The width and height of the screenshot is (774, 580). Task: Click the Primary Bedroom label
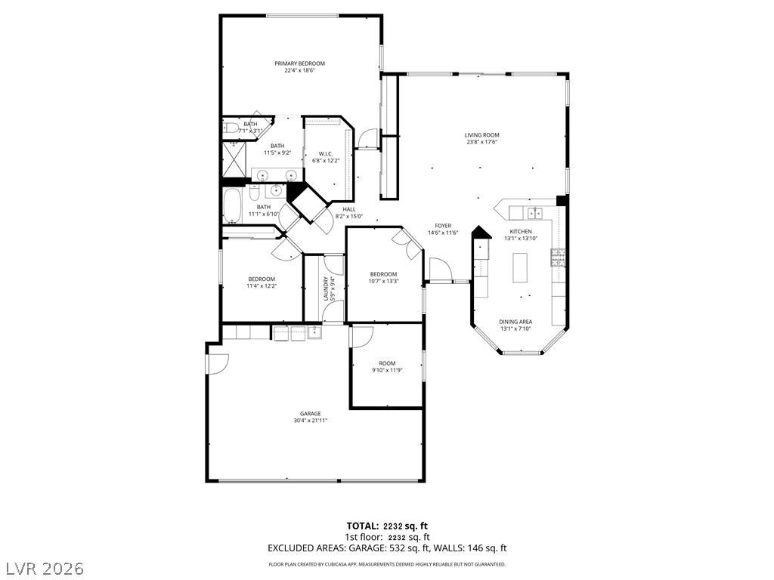pyautogui.click(x=299, y=63)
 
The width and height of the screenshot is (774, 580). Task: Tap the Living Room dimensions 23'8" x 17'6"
pyautogui.click(x=481, y=142)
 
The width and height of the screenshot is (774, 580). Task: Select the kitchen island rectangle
pyautogui.click(x=520, y=267)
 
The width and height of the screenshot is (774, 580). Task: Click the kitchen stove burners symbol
pyautogui.click(x=558, y=258)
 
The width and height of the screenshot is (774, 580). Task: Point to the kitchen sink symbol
pyautogui.click(x=534, y=212)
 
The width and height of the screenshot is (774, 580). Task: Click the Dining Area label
pyautogui.click(x=515, y=322)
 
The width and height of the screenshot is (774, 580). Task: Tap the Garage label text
pyautogui.click(x=311, y=414)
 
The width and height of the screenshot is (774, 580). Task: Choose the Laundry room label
pyautogui.click(x=326, y=288)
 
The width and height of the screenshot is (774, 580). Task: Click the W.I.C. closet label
pyautogui.click(x=325, y=154)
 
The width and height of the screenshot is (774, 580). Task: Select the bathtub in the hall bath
pyautogui.click(x=231, y=206)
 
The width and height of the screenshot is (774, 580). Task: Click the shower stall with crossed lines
pyautogui.click(x=234, y=159)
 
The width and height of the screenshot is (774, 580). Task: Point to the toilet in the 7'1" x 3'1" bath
pyautogui.click(x=231, y=128)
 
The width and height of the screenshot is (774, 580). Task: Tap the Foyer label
pyautogui.click(x=443, y=226)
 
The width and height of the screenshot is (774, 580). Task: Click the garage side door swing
pyautogui.click(x=218, y=364)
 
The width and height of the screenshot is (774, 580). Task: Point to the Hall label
pyautogui.click(x=349, y=210)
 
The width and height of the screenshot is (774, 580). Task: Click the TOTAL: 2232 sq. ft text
pyautogui.click(x=387, y=526)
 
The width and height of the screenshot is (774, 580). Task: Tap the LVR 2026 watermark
pyautogui.click(x=43, y=568)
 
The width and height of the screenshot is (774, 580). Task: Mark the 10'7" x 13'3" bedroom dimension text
pyautogui.click(x=383, y=281)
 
